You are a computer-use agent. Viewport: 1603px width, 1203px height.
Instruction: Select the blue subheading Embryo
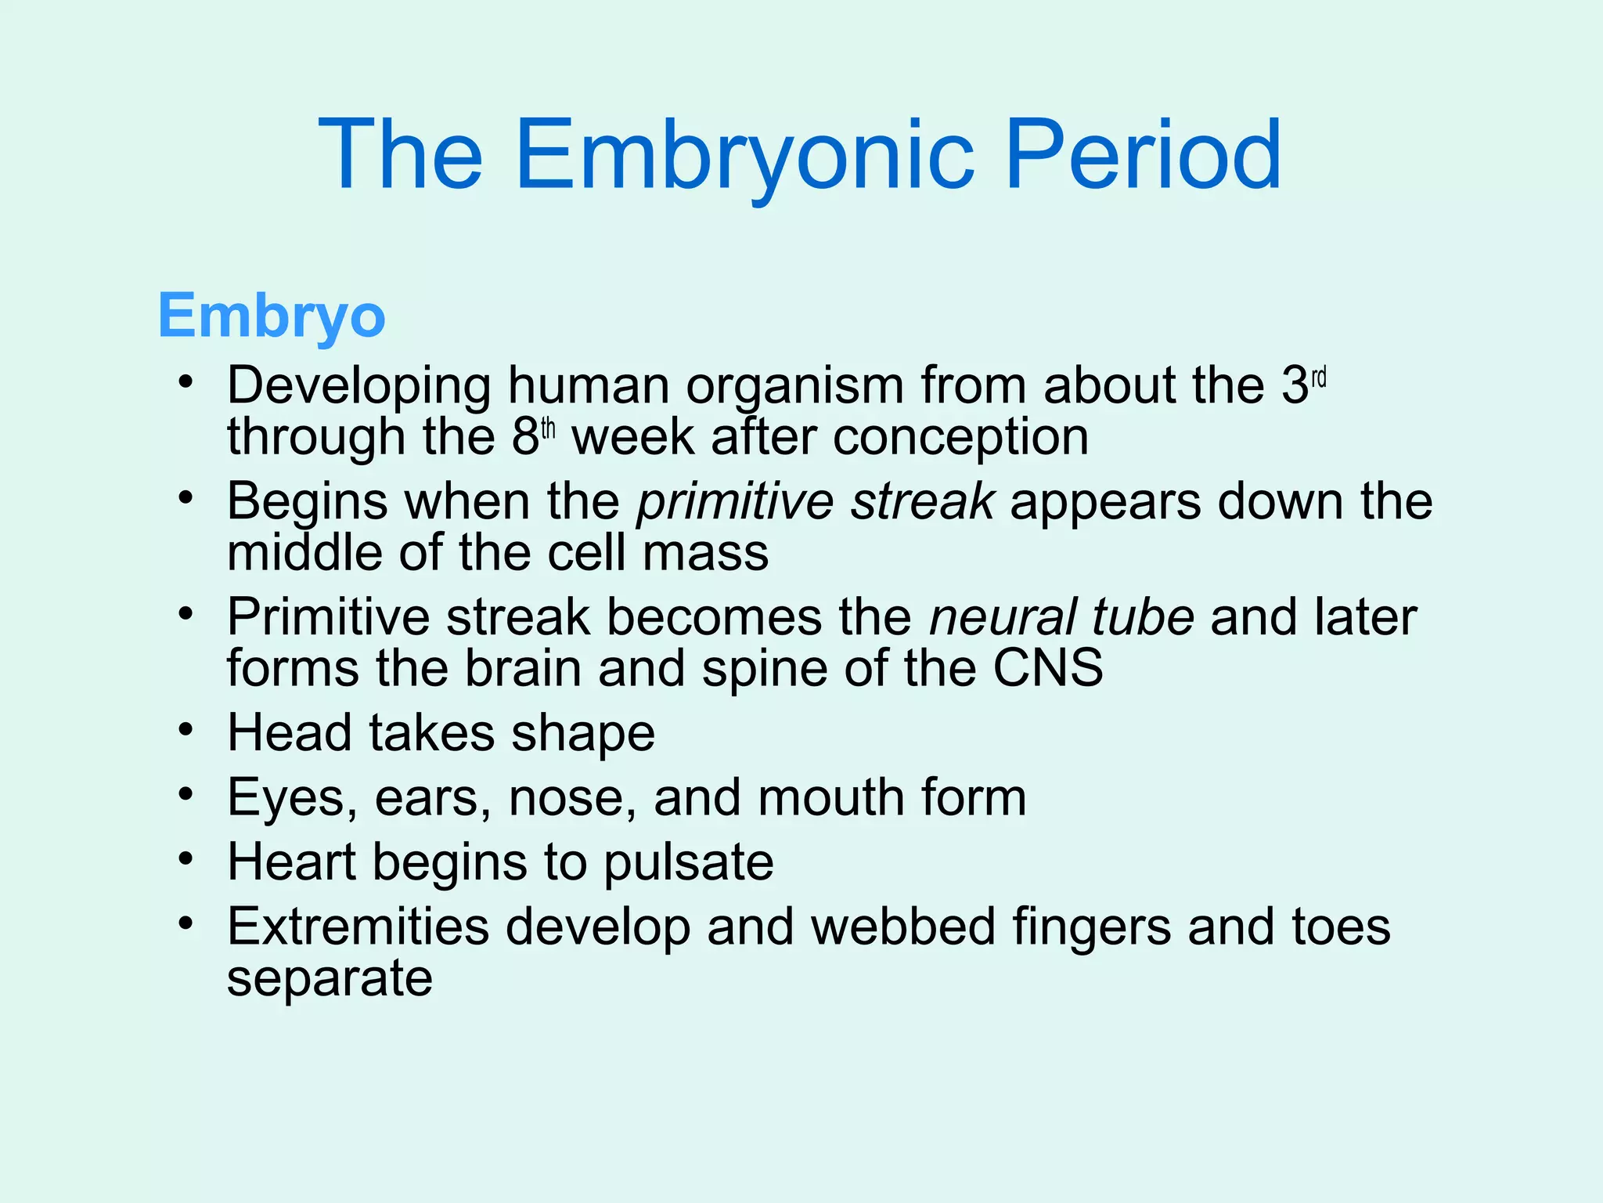click(272, 316)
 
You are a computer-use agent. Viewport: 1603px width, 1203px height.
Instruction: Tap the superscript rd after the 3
click(1319, 379)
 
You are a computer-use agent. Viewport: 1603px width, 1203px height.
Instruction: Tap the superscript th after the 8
click(548, 429)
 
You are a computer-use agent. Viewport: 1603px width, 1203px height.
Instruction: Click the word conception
click(960, 437)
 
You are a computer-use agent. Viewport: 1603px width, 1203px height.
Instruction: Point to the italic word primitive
click(734, 502)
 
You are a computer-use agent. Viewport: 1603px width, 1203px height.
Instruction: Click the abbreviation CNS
click(1048, 669)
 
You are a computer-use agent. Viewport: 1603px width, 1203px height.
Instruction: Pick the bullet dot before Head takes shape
click(185, 730)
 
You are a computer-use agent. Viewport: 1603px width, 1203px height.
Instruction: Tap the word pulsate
click(688, 863)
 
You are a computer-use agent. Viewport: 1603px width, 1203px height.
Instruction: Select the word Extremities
click(358, 927)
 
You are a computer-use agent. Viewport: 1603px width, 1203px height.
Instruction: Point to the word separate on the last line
click(330, 979)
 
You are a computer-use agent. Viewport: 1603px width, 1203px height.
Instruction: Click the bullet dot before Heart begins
click(185, 859)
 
